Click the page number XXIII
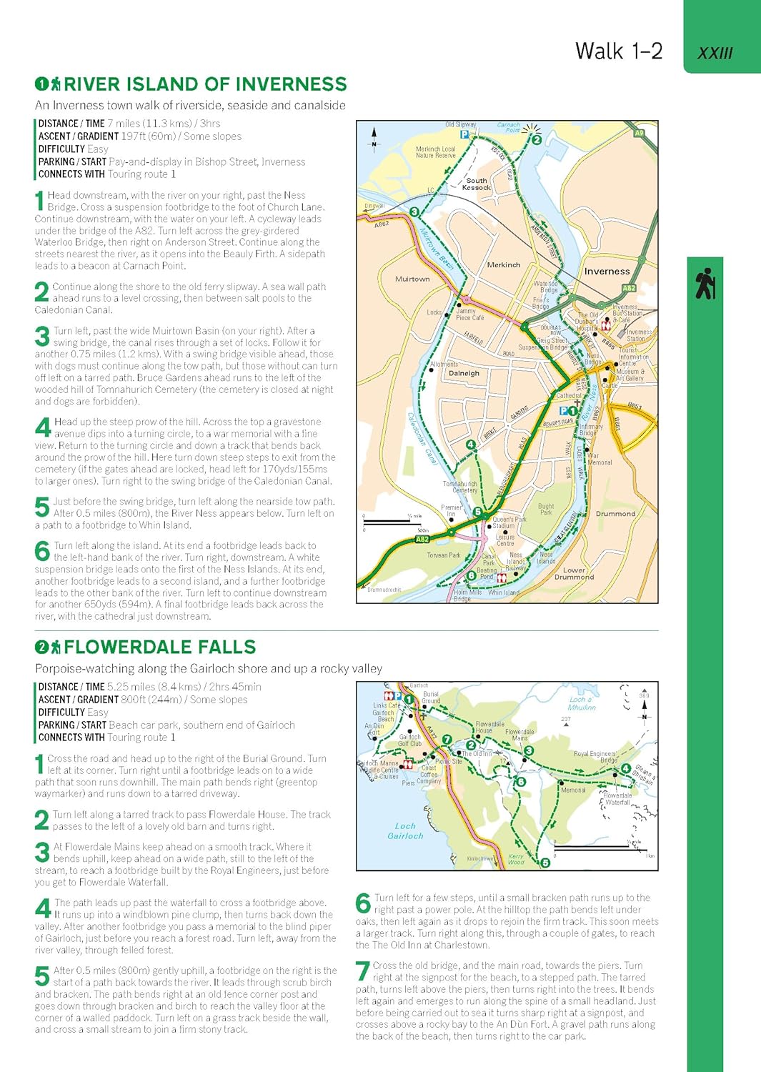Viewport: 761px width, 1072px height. point(715,54)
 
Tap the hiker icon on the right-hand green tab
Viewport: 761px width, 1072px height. point(705,283)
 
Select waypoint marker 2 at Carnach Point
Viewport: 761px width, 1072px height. point(537,139)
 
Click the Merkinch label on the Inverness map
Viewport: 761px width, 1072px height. point(503,265)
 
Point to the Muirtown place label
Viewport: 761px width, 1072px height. point(412,279)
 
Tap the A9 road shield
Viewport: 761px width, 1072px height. point(639,133)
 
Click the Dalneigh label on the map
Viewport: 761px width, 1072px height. point(464,373)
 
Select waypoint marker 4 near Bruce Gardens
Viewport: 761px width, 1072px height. point(470,445)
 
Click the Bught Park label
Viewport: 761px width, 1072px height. point(546,509)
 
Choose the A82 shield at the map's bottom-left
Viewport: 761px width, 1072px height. point(422,540)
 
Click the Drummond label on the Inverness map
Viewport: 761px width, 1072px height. point(615,514)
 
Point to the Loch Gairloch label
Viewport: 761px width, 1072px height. point(405,830)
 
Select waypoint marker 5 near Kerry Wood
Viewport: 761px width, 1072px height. point(545,863)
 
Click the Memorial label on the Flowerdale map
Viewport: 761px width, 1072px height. point(573,790)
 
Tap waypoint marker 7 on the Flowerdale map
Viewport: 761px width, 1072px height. point(447,740)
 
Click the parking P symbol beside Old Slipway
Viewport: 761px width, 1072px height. point(464,134)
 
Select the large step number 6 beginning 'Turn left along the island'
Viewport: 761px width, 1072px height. point(42,551)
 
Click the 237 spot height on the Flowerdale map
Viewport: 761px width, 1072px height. point(566,719)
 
